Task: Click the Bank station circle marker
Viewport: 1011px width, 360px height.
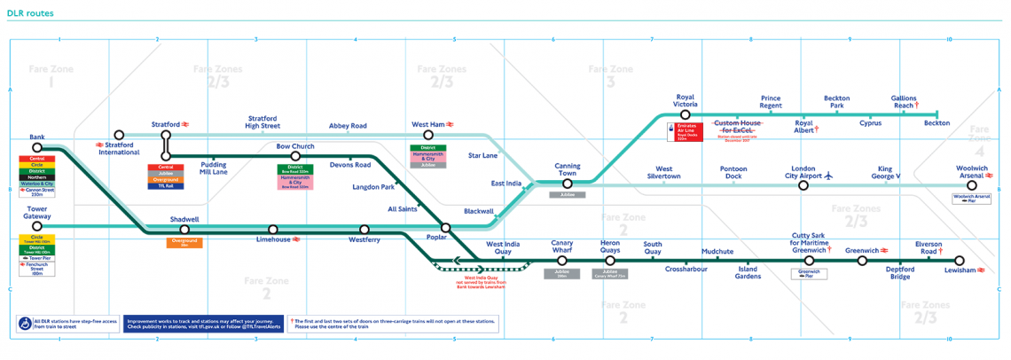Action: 36,149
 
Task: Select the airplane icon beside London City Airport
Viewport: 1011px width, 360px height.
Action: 829,174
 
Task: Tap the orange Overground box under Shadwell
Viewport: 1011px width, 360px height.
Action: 184,242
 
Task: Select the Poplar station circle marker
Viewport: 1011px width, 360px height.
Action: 446,228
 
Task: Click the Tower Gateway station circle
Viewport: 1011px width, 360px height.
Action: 36,226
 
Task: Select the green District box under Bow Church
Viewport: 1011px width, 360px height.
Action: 295,168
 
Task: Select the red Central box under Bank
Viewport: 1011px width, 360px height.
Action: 36,159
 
